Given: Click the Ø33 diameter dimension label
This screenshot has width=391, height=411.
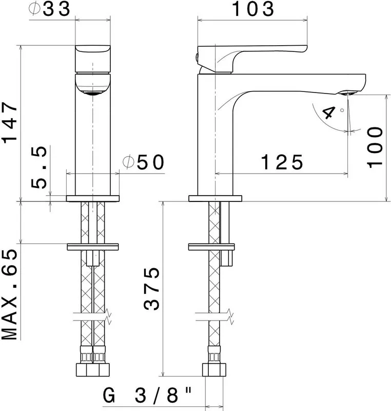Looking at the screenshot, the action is (49, 9).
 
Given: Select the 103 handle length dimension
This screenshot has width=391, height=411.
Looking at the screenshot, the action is (253, 9).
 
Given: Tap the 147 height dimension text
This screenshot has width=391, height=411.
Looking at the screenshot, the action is (10, 123).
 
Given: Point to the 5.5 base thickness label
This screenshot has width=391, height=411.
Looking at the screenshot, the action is (38, 167).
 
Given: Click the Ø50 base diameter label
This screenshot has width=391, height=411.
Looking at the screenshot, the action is (144, 162).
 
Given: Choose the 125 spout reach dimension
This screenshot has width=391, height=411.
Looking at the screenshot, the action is (282, 162).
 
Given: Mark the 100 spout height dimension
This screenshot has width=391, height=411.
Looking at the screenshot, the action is (375, 147).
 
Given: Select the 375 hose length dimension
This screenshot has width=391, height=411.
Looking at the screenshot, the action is (152, 289).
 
